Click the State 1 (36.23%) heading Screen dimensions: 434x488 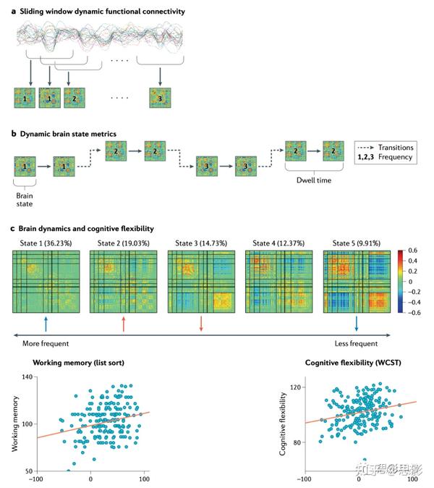pos(46,243)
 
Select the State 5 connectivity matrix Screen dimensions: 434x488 pos(357,282)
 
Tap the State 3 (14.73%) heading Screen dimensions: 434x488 pos(201,243)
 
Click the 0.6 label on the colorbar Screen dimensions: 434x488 pos(412,251)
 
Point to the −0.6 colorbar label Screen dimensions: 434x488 pos(414,312)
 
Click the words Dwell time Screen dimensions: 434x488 pos(314,180)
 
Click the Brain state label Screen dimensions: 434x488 pos(25,200)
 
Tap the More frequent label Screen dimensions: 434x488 pos(46,344)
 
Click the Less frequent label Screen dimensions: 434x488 pos(356,344)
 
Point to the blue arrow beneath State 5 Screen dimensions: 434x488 pos(357,324)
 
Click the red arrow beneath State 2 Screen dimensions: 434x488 pos(124,324)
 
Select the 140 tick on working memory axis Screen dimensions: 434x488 pos(27,377)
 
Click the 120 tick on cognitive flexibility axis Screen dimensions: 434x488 pos(296,387)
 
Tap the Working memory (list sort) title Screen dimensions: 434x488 pos(78,363)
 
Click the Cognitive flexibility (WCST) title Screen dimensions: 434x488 pos(353,363)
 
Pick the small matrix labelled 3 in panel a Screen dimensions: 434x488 pos(160,98)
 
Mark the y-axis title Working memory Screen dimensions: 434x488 pos(14,424)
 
